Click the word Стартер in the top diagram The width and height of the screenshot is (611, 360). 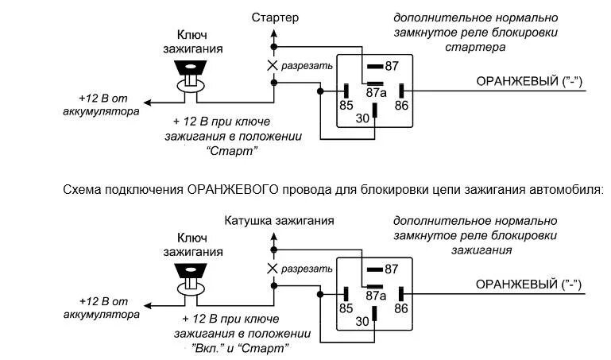275,17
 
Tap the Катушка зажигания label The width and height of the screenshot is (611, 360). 279,220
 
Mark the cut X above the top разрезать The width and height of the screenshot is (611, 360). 273,64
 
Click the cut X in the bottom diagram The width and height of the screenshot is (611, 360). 273,269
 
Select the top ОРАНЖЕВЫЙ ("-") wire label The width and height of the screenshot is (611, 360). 528,81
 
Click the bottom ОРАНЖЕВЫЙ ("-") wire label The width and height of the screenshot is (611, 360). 528,284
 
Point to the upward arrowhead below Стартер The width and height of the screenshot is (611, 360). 275,33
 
